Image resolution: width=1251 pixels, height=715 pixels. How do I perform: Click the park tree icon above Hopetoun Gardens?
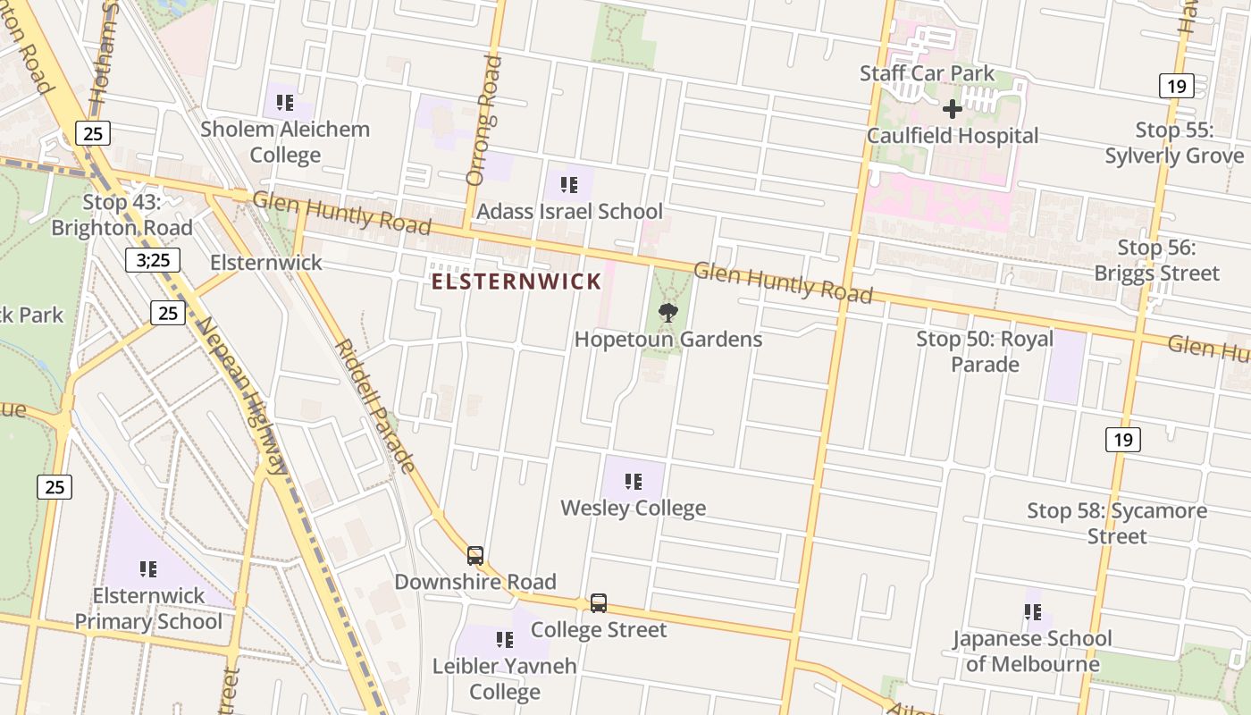point(667,312)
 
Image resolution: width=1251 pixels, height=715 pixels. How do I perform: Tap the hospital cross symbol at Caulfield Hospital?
point(953,109)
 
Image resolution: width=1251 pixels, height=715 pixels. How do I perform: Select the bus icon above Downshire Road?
point(475,555)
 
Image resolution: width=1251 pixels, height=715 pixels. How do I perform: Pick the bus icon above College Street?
point(599,603)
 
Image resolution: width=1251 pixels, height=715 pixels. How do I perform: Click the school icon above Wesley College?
point(634,482)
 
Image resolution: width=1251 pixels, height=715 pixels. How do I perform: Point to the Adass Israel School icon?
point(568,185)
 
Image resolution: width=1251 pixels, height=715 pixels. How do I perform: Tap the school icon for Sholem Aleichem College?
point(285,102)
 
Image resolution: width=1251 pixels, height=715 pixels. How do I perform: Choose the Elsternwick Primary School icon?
point(148,568)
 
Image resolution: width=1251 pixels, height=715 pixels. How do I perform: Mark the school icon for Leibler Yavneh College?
point(505,639)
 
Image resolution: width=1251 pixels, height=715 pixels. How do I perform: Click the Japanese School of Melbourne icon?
point(1033,612)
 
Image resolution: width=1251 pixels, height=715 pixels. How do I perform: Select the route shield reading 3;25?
point(152,260)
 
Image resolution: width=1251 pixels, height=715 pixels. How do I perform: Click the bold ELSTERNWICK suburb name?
point(516,282)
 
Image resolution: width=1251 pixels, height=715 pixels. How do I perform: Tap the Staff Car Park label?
point(928,73)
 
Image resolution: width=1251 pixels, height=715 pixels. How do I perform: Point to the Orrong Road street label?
point(483,120)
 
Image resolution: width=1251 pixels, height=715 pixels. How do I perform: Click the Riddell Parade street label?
point(375,406)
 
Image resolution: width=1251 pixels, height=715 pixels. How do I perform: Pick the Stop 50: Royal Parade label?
point(985,351)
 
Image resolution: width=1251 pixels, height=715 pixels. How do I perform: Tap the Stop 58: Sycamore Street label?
point(1117,523)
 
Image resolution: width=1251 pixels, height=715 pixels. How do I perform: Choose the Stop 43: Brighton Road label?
point(122,214)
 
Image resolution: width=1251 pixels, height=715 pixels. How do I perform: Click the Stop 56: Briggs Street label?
point(1156,260)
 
